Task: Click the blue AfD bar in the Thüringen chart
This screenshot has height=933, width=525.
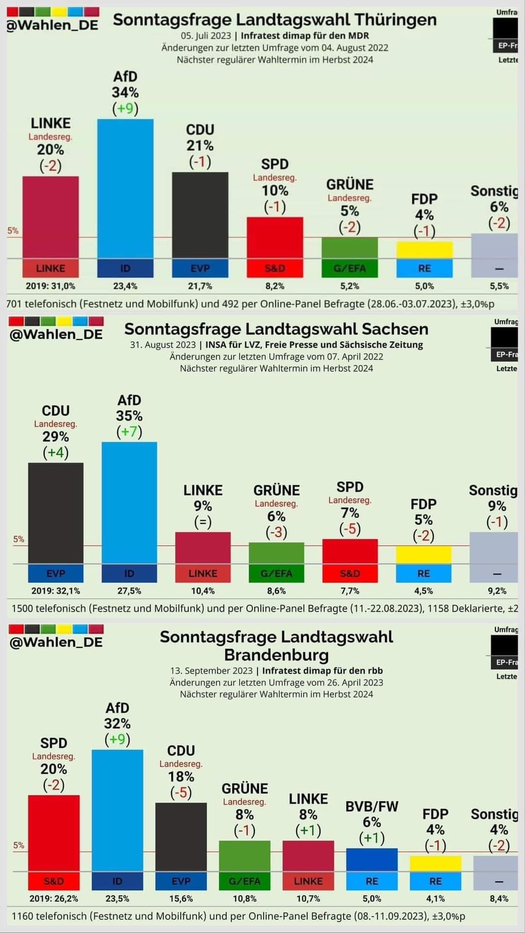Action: tap(125, 190)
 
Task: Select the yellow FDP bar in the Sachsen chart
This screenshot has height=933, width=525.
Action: tap(423, 554)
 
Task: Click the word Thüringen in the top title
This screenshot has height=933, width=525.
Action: tap(395, 20)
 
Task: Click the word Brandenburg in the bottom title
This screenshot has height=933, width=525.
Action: tap(276, 655)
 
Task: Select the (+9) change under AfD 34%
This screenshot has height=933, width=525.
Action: tap(125, 108)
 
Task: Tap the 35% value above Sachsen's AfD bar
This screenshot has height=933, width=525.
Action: tap(129, 416)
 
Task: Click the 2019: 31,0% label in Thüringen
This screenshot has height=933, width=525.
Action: tap(51, 286)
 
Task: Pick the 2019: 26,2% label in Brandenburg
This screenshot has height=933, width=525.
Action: tap(53, 898)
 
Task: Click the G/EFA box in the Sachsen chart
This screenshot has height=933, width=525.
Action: tap(276, 573)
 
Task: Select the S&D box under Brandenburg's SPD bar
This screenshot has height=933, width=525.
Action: tap(53, 881)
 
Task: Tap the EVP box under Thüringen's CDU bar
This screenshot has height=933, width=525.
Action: tap(200, 268)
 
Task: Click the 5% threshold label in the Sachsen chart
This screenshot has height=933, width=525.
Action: tap(18, 539)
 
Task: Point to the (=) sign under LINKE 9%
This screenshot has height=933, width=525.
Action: tap(203, 522)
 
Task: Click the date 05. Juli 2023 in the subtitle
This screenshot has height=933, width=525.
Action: tap(206, 35)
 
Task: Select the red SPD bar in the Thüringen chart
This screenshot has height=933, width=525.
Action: tap(275, 238)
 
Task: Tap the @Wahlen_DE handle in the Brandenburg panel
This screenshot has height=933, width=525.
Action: tap(56, 642)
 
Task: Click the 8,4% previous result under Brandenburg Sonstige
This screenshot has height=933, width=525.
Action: tap(499, 898)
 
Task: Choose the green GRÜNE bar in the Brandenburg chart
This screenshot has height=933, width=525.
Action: tap(245, 856)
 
